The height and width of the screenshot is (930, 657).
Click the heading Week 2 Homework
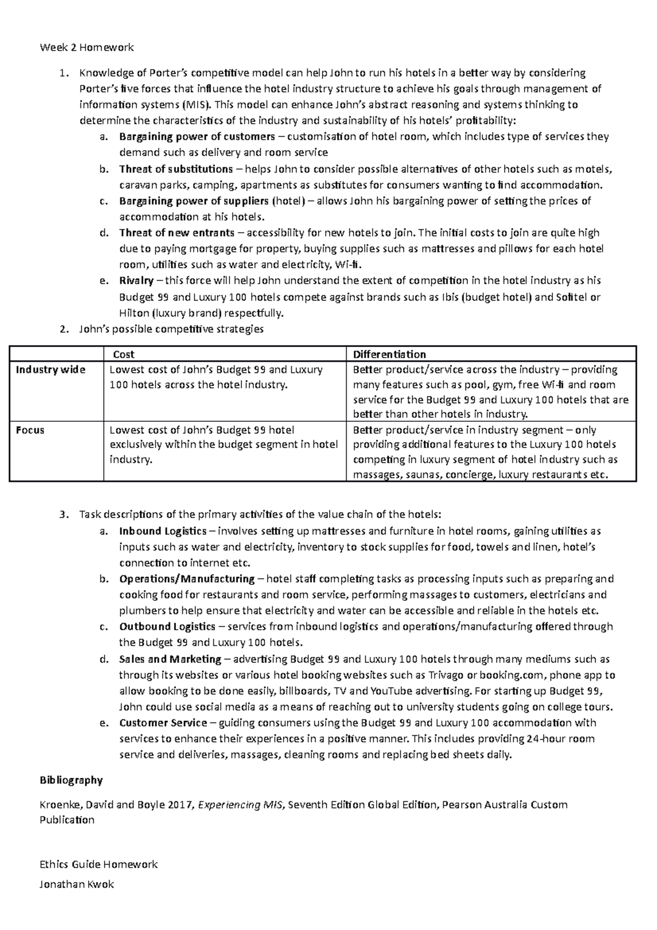(87, 48)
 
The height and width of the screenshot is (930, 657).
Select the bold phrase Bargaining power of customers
(197, 136)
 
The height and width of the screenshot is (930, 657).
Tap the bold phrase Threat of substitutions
(176, 169)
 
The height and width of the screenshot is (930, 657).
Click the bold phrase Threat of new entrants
(177, 233)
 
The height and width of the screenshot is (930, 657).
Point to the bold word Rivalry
(136, 281)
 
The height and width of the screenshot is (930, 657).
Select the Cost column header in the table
(123, 354)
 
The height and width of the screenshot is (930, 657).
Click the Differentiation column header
(389, 354)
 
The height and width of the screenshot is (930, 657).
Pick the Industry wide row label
(50, 370)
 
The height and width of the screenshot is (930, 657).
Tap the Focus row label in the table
(30, 430)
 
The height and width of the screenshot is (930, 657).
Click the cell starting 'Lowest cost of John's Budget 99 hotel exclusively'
(223, 444)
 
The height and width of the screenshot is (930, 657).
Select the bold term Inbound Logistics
(163, 531)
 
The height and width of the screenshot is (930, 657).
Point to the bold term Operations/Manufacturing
(187, 579)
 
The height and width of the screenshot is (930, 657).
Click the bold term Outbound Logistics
(167, 627)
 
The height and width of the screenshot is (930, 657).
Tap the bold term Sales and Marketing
(170, 659)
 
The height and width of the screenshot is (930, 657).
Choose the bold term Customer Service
(163, 723)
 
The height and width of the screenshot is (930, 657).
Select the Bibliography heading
(71, 780)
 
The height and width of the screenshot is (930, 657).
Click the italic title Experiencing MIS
(241, 805)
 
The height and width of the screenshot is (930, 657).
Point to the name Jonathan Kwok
(77, 885)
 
